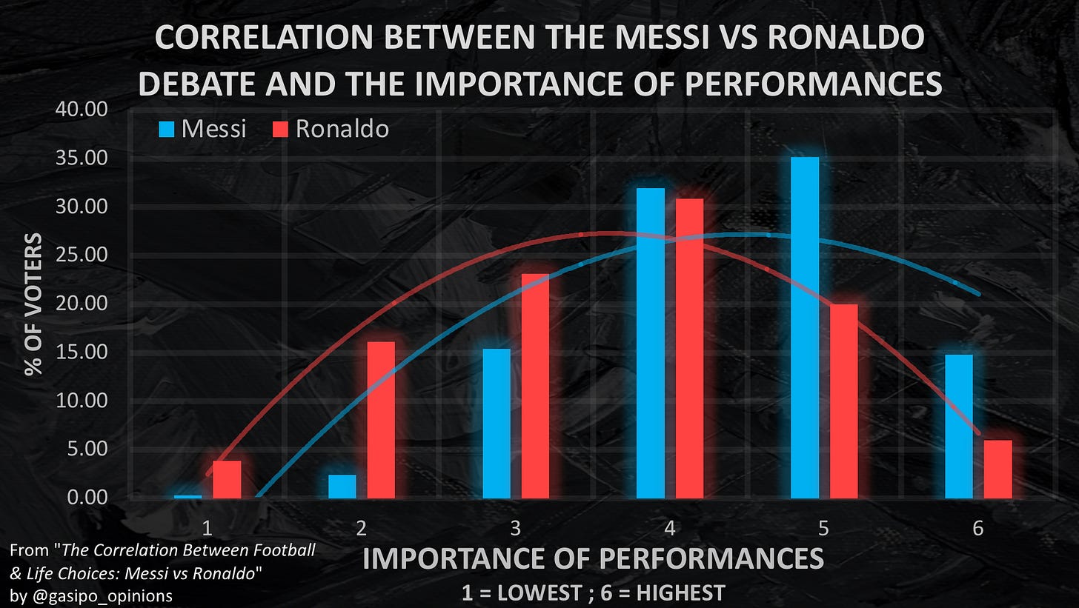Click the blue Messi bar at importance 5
805,327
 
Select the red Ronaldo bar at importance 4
689,348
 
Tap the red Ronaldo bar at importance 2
381,419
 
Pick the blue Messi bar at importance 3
497,423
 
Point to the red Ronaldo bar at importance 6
997,469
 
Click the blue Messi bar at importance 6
959,426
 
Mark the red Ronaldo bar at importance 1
227,478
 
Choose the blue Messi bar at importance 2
342,486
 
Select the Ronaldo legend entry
331,129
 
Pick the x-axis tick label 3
515,528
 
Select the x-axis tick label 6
977,528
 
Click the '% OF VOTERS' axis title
34,304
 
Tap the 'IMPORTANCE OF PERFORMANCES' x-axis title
593,558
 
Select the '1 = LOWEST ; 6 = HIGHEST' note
593,593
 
